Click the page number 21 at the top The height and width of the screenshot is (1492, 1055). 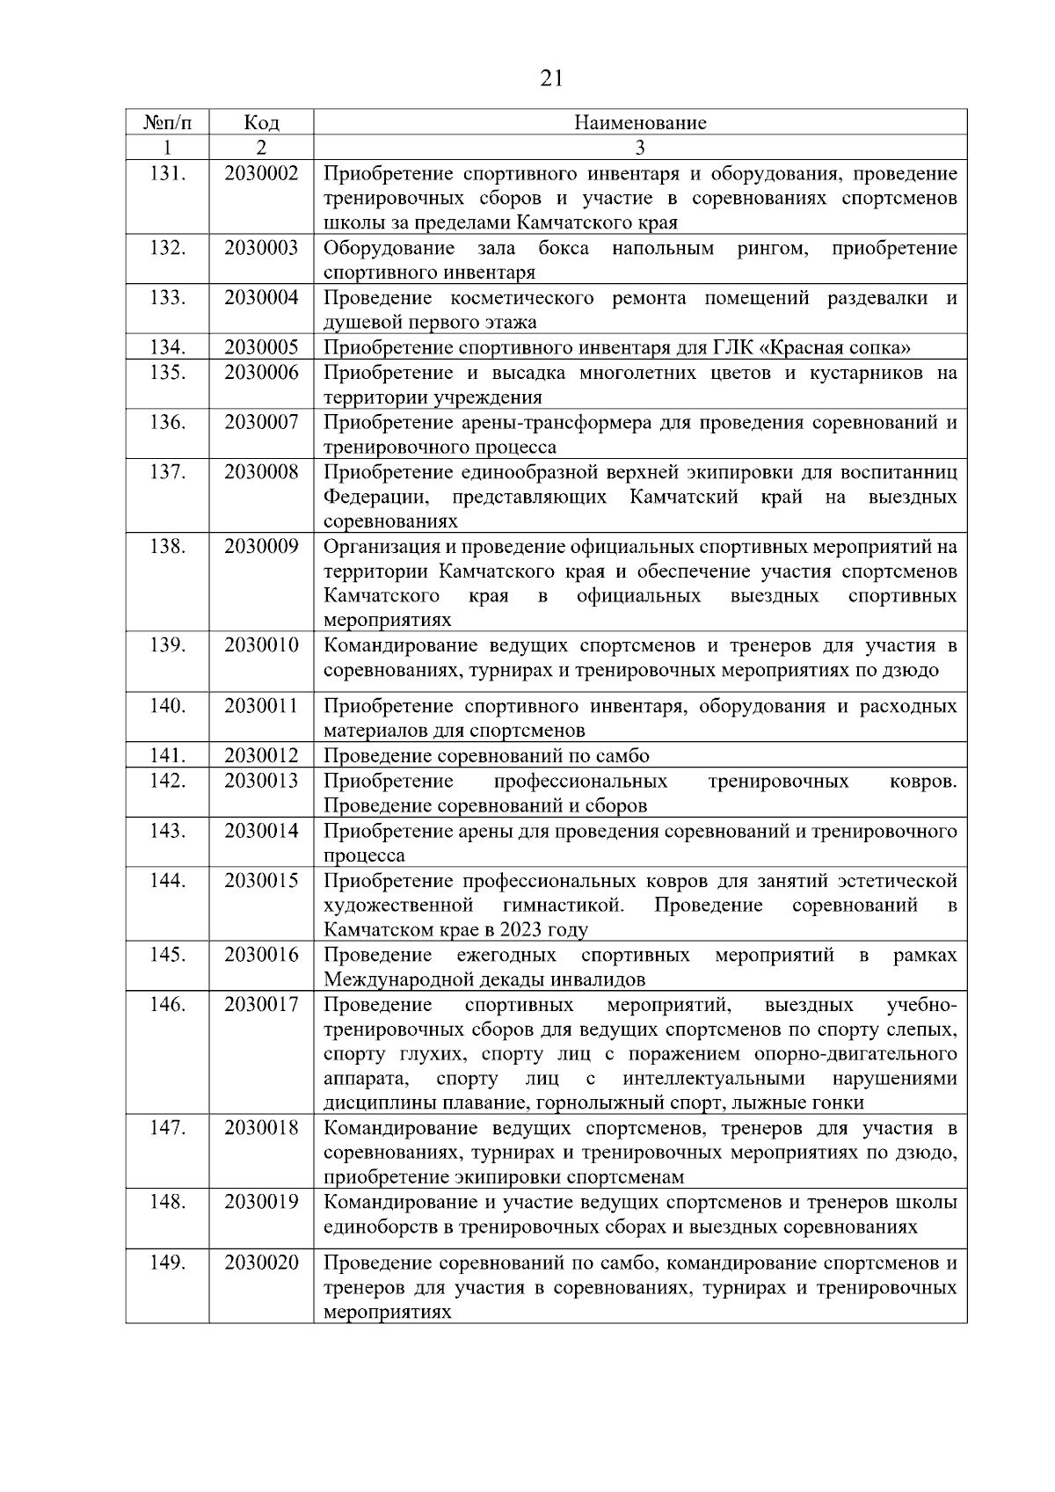point(550,79)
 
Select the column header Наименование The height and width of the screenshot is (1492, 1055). point(640,122)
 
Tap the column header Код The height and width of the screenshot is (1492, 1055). point(261,122)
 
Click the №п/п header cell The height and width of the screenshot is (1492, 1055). point(167,122)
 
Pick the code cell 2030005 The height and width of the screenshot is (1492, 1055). point(261,346)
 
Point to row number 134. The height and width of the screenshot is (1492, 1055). point(167,346)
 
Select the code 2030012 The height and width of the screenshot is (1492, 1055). point(261,755)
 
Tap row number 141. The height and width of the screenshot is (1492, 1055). point(167,755)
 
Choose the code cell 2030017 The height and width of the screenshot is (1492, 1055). point(261,1004)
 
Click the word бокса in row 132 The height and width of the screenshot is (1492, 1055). point(564,248)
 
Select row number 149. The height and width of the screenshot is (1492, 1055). point(167,1263)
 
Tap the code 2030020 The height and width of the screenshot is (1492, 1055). point(261,1263)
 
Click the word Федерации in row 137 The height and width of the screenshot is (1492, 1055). point(375,498)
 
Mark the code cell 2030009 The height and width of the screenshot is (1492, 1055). point(261,547)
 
